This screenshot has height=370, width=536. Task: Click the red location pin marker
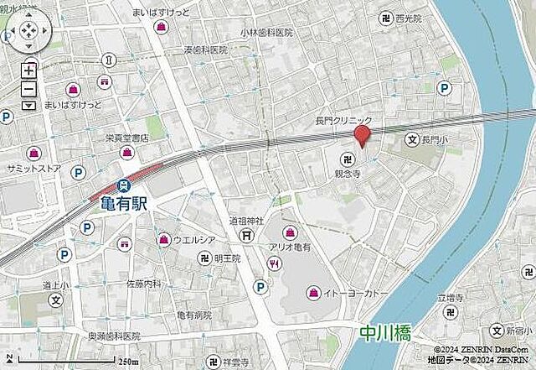click(x=362, y=135)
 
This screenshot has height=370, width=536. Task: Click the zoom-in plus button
click(x=28, y=71)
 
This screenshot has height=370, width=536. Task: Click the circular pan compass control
click(x=28, y=33)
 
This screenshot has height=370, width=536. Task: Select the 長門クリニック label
click(x=343, y=122)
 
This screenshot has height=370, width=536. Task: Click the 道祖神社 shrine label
click(x=246, y=221)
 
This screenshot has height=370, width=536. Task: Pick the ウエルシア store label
click(x=194, y=240)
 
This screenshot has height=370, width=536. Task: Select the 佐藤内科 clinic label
click(x=143, y=284)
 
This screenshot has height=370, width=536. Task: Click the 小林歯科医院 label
click(x=265, y=32)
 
